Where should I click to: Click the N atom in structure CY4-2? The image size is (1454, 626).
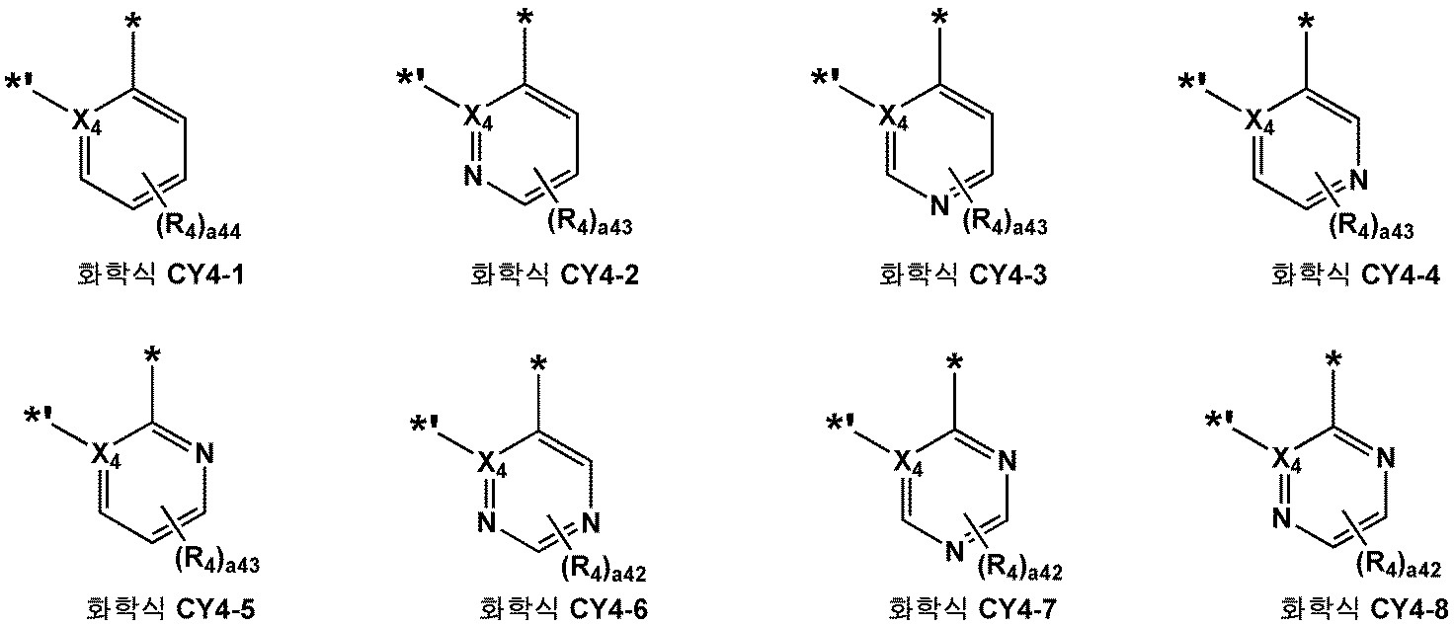point(473,178)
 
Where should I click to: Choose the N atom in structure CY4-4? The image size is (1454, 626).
point(1357,180)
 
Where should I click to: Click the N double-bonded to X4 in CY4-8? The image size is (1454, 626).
point(1282,515)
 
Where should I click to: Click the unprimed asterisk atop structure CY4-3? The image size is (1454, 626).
point(940,17)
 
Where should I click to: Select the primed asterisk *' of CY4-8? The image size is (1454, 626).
point(1222,423)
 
